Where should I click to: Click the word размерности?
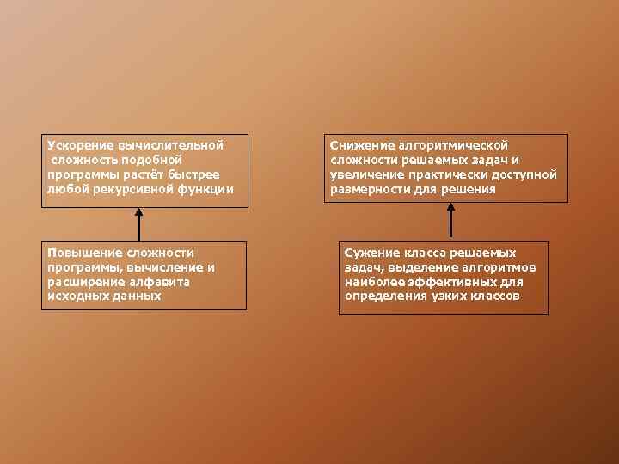point(368,188)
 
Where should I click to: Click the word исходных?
point(76,296)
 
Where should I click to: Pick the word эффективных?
point(446,281)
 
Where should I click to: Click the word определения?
point(384,296)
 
